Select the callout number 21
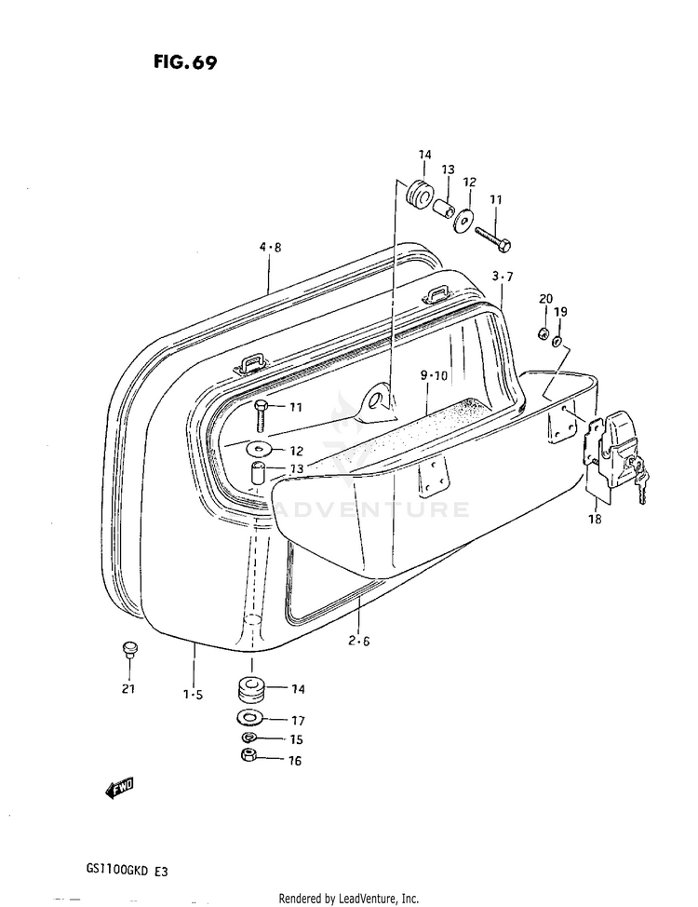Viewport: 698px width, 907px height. tap(128, 689)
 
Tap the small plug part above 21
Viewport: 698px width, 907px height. tap(128, 648)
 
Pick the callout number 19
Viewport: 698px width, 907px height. tap(560, 311)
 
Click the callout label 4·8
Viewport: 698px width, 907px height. tap(270, 247)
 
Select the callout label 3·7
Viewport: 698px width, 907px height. tap(503, 276)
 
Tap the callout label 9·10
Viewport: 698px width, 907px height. tap(434, 375)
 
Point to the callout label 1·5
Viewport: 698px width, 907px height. tap(193, 694)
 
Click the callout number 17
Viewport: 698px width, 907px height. tap(299, 720)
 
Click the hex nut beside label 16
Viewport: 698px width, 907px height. tap(249, 756)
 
